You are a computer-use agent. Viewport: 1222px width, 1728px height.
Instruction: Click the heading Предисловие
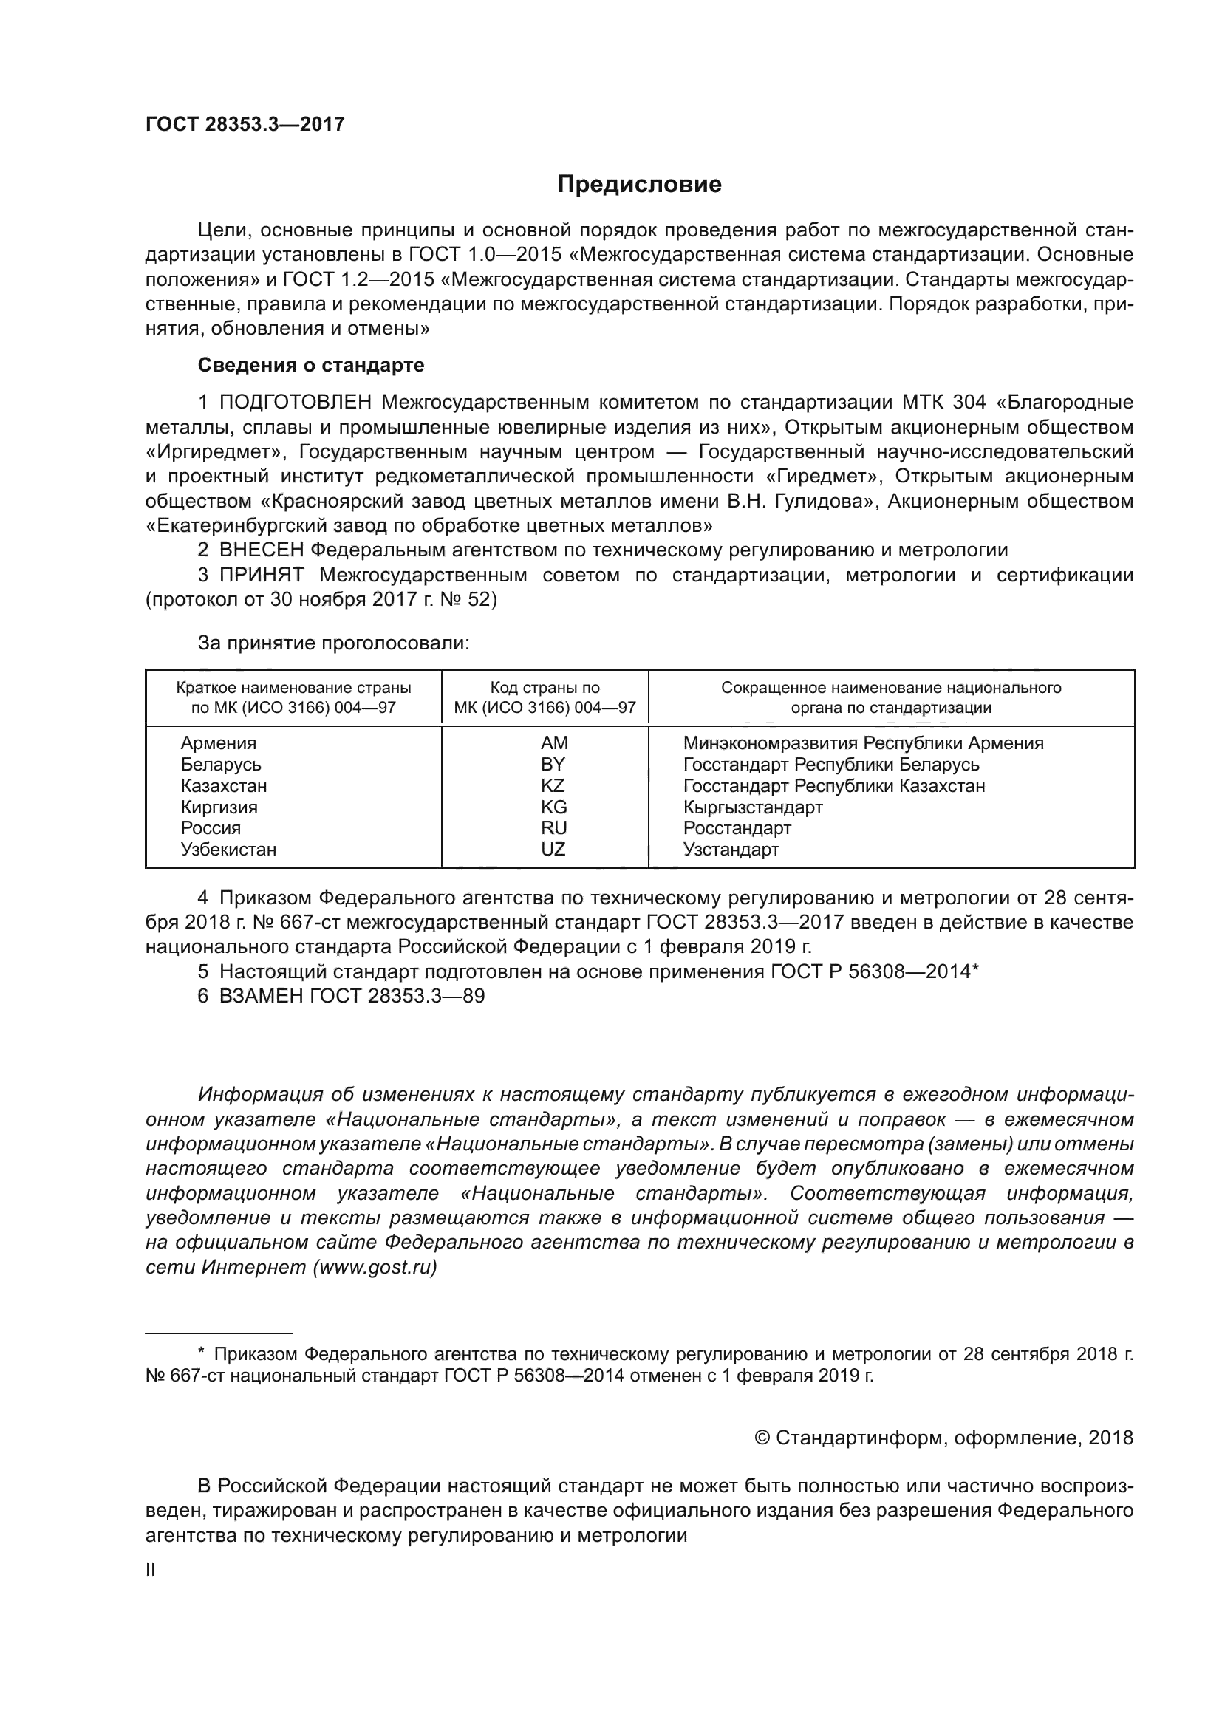[x=639, y=185]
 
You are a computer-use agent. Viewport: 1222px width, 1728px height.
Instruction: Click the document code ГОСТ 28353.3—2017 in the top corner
[x=245, y=125]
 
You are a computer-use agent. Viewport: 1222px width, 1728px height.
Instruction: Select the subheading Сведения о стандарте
[x=311, y=366]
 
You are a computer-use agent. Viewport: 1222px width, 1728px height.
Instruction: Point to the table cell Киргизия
[x=219, y=807]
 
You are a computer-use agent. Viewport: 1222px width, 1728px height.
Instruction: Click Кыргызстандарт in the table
[x=752, y=807]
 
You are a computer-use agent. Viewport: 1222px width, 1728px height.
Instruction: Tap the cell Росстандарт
[x=737, y=829]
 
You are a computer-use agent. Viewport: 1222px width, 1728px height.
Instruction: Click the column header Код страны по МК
[x=545, y=697]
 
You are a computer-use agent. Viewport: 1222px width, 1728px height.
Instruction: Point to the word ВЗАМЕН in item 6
[x=261, y=997]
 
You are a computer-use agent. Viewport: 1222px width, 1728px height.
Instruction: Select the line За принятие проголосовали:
[x=333, y=643]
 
